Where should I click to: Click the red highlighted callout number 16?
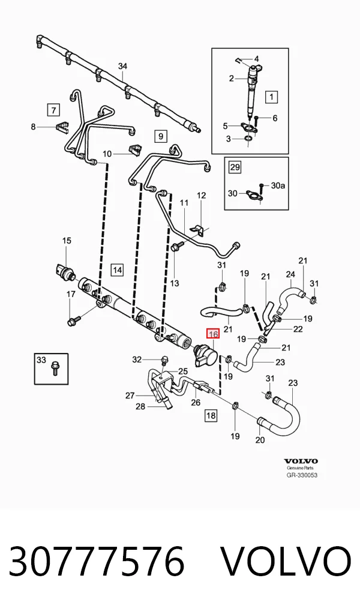click(x=213, y=334)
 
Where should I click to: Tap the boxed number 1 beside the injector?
click(x=272, y=97)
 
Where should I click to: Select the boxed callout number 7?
click(x=53, y=109)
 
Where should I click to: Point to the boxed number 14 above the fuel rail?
click(x=117, y=269)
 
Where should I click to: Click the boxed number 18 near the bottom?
click(x=211, y=415)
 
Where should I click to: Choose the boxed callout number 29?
click(x=235, y=167)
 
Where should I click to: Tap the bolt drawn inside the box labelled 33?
click(x=54, y=369)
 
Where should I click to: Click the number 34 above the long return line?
click(x=123, y=66)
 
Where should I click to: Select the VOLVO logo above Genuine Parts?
click(x=301, y=461)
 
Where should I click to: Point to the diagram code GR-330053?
click(x=302, y=475)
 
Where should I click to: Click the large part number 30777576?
click(x=96, y=562)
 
